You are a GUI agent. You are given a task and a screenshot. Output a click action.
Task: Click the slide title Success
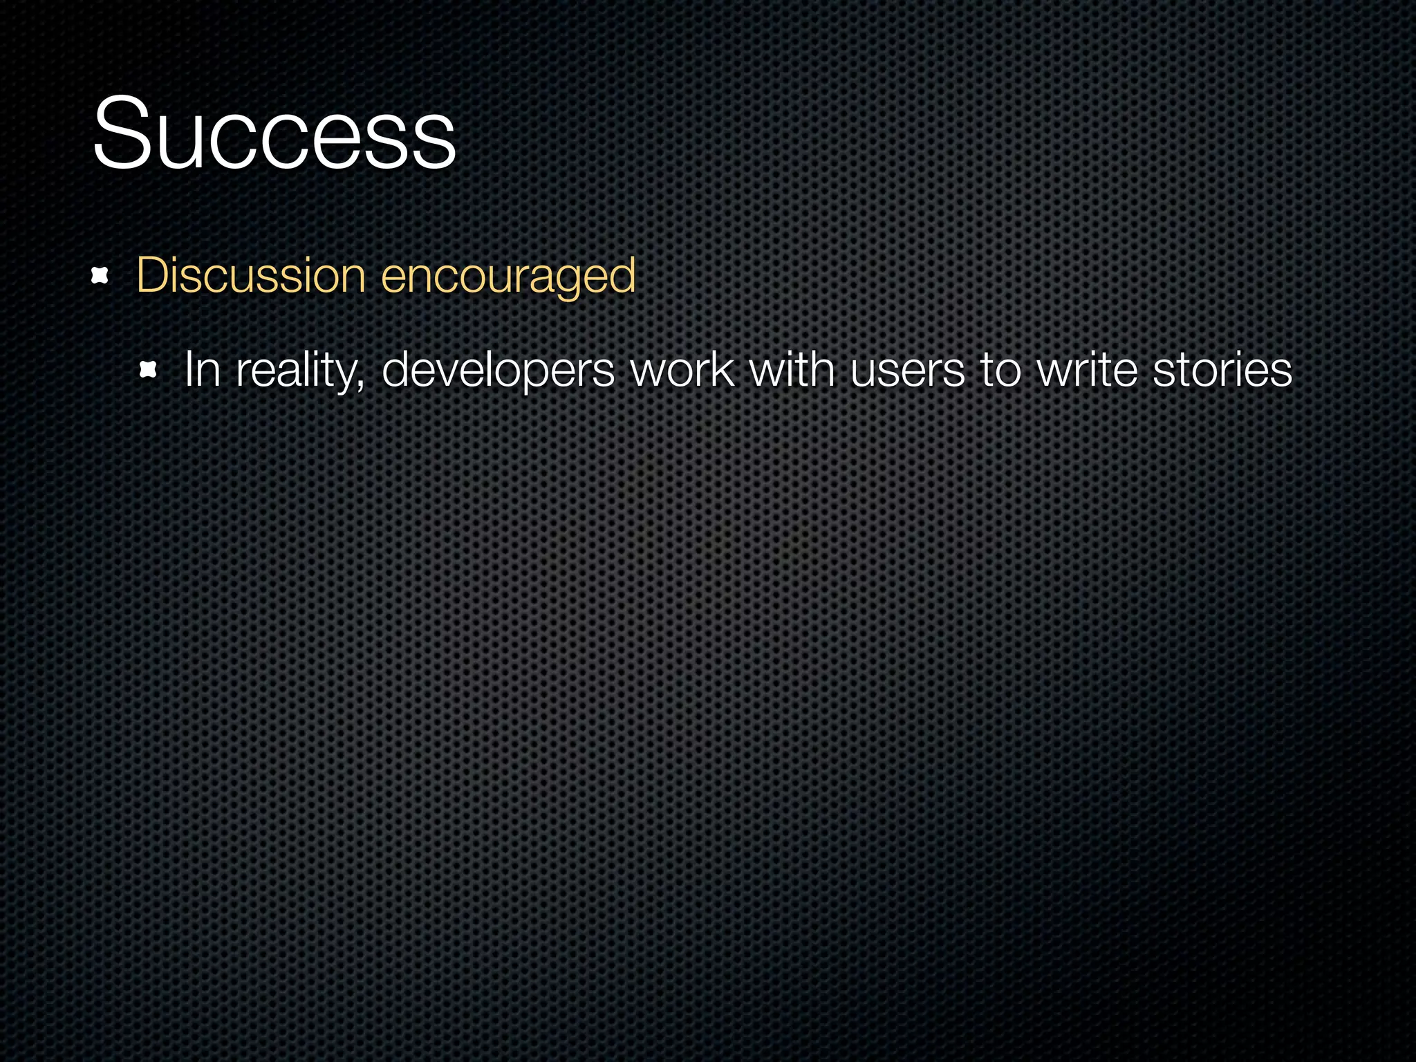(274, 133)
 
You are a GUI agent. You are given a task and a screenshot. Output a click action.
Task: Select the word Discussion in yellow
(250, 275)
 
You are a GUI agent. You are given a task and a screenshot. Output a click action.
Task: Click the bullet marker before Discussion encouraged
(100, 277)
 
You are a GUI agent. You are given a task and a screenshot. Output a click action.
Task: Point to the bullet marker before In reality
(148, 371)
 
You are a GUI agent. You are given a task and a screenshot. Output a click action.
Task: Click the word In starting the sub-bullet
(202, 370)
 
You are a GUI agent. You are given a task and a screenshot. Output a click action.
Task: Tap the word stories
(1222, 370)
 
